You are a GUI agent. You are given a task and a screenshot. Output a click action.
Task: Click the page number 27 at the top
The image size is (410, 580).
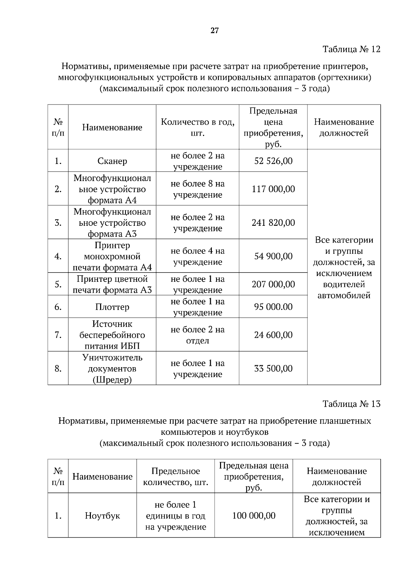click(x=214, y=31)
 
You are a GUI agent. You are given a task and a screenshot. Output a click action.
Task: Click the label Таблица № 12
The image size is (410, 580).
click(x=351, y=49)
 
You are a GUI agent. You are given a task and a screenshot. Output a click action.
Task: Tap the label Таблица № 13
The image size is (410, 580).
click(x=351, y=404)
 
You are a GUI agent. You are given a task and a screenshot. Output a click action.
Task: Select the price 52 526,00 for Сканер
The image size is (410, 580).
click(x=273, y=161)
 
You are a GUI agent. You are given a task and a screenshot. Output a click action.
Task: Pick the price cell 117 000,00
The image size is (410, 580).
click(x=273, y=189)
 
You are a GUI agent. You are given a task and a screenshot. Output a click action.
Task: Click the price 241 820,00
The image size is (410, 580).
click(x=273, y=223)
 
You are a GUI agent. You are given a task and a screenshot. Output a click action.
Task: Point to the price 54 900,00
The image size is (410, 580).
click(x=273, y=256)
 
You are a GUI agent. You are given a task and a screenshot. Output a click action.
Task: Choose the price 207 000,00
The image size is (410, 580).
click(x=273, y=284)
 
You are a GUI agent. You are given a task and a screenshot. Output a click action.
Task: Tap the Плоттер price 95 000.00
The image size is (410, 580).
click(x=273, y=307)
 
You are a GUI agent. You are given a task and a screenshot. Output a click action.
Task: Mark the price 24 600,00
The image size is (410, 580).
click(x=273, y=335)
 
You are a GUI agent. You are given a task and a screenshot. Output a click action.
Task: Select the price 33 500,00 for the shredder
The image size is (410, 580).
click(x=273, y=369)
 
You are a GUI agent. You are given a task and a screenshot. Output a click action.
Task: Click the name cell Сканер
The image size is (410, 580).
click(x=112, y=161)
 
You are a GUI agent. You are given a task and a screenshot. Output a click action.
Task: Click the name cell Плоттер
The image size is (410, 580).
click(x=112, y=307)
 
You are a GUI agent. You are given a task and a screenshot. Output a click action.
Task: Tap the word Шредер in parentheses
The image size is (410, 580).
click(x=112, y=380)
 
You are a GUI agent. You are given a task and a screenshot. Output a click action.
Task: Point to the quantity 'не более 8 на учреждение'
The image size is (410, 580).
click(x=197, y=189)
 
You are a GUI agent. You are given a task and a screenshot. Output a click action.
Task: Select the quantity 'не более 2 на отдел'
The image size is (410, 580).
click(x=197, y=335)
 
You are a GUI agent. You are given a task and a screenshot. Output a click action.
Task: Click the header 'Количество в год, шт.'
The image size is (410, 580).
click(x=197, y=127)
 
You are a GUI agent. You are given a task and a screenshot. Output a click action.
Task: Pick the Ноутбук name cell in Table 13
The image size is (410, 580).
click(x=102, y=515)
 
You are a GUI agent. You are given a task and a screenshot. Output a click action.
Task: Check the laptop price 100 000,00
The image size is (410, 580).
click(x=254, y=515)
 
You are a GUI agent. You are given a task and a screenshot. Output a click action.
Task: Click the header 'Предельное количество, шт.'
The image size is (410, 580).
click(x=175, y=477)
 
